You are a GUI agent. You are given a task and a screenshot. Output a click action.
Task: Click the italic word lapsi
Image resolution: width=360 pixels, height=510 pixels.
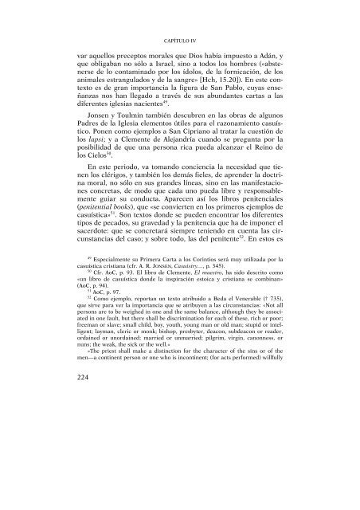pyautogui.click(x=80, y=180)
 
